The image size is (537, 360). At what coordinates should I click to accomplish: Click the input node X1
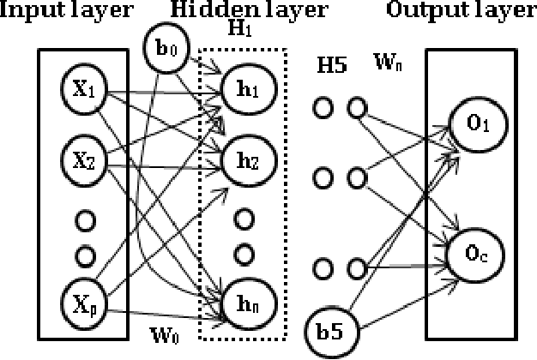[x=81, y=90]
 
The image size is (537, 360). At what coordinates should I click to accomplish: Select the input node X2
[x=81, y=158]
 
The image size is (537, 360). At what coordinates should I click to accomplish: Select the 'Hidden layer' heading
[x=249, y=11]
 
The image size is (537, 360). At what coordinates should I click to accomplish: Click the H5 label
[x=331, y=65]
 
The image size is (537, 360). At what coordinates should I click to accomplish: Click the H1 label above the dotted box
[x=246, y=30]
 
